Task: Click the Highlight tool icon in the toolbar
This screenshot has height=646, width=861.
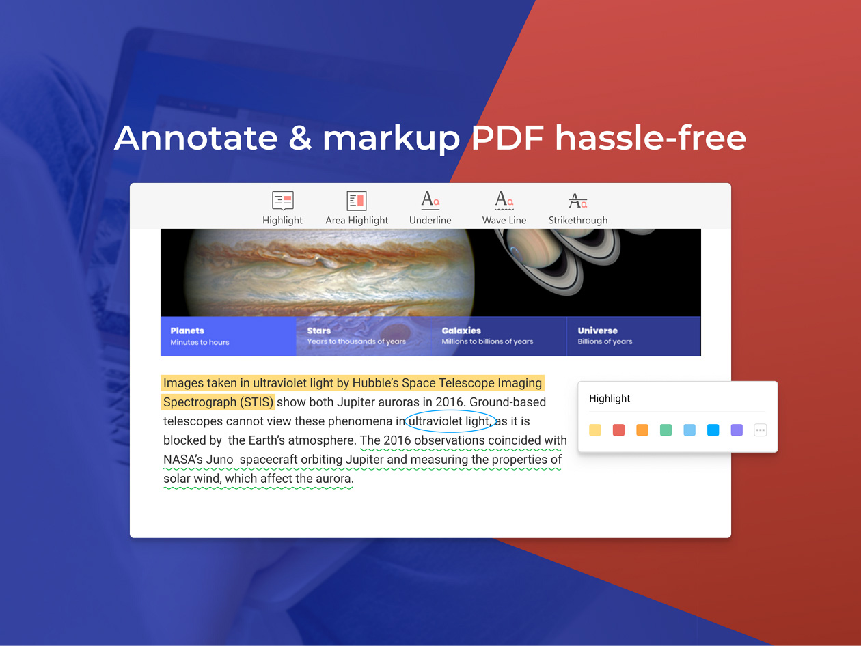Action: (282, 200)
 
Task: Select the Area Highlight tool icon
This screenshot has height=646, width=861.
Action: (357, 200)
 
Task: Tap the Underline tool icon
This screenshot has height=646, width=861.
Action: (430, 200)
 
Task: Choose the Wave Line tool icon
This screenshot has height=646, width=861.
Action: (504, 200)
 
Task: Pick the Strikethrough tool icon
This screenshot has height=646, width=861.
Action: (578, 200)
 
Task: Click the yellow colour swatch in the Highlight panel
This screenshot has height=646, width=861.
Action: (595, 430)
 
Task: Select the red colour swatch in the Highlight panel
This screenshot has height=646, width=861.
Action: (618, 430)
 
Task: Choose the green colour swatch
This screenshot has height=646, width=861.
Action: (666, 430)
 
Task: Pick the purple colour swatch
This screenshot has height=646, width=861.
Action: (737, 430)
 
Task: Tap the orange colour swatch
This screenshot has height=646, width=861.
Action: (642, 430)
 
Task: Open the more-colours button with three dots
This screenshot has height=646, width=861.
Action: (760, 430)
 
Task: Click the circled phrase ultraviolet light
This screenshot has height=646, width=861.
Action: (449, 421)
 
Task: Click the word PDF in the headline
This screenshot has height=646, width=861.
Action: (508, 138)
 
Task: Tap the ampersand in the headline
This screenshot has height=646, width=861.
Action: (300, 138)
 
